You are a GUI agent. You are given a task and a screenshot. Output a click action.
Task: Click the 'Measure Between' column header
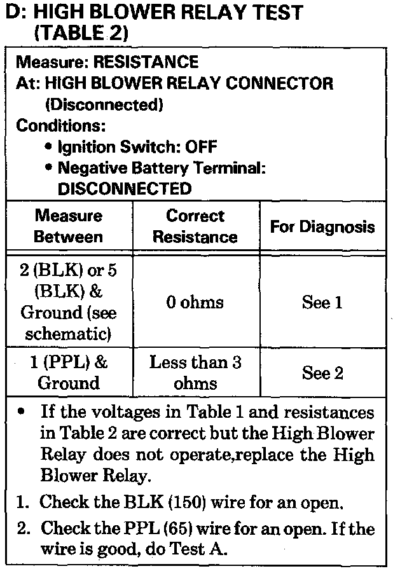[x=68, y=226]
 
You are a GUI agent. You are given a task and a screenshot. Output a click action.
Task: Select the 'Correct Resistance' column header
[x=195, y=226]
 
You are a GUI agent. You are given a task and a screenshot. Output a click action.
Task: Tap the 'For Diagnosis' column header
[x=322, y=227]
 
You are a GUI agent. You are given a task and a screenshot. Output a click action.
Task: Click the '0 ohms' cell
[x=195, y=303]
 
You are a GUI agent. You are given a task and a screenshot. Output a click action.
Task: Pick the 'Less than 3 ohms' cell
[x=195, y=373]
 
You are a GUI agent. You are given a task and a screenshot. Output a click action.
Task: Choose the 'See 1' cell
[x=322, y=303]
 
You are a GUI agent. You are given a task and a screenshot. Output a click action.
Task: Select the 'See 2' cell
[x=322, y=373]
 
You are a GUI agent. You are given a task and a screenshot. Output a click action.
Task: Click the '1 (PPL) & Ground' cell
[x=68, y=373]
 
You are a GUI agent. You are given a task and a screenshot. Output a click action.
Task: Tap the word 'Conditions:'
[x=61, y=125]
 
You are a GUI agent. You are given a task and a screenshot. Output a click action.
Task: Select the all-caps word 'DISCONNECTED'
[x=125, y=189]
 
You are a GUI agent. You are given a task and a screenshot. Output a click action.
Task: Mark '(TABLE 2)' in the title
[x=82, y=32]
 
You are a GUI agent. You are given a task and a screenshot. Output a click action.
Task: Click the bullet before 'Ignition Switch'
[x=48, y=147]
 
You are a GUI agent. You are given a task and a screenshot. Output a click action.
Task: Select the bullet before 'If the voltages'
[x=22, y=412]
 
